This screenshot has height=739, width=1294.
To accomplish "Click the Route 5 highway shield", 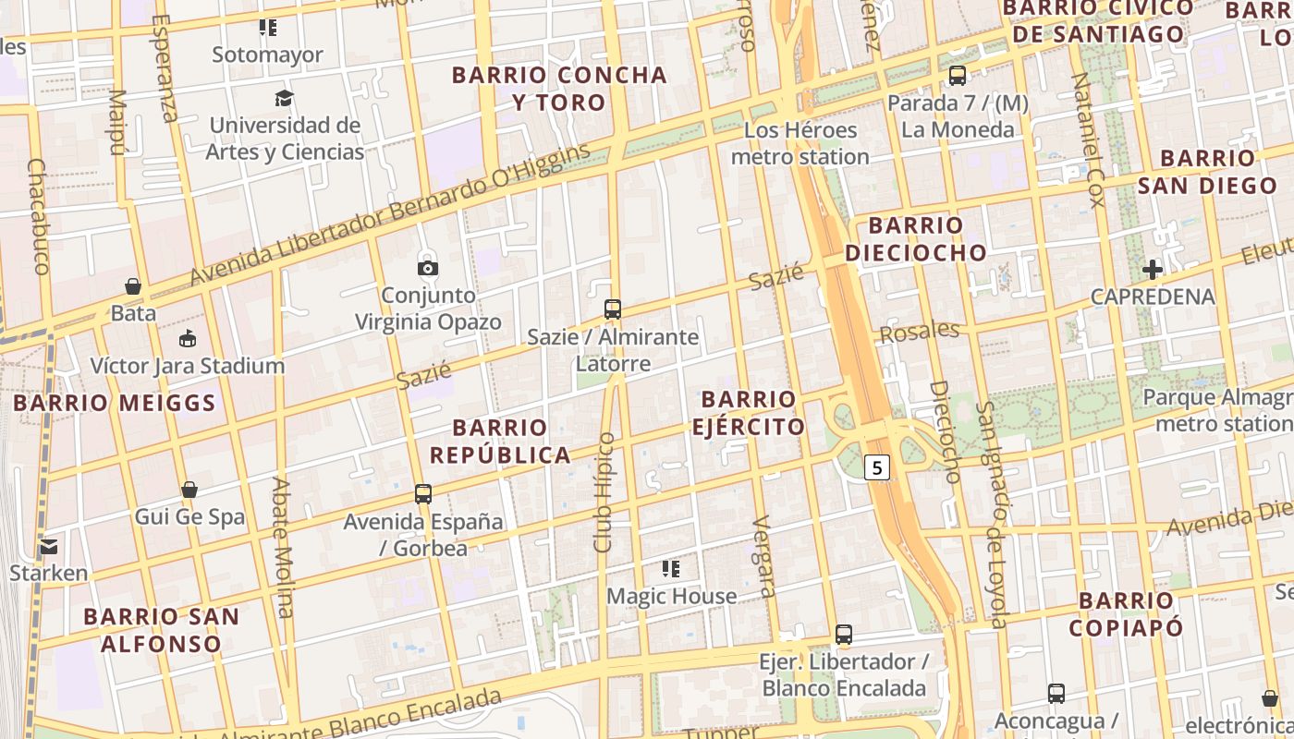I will click(877, 468).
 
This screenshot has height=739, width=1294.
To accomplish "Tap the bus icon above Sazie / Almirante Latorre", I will click(612, 309).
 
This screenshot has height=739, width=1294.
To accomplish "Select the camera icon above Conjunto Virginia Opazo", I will click(428, 268).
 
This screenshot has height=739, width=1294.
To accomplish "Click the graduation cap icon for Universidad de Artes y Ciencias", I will click(284, 98).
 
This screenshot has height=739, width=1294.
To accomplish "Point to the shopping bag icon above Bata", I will click(133, 286).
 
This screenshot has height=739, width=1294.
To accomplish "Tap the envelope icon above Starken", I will click(48, 546).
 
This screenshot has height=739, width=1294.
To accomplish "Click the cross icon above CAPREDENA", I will click(1152, 270).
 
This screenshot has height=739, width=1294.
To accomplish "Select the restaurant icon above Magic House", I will click(671, 569).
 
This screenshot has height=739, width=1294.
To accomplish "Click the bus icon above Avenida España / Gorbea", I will click(423, 494).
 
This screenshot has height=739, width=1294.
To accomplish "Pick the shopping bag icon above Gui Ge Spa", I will click(189, 490).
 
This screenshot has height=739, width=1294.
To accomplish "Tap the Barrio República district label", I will click(500, 442).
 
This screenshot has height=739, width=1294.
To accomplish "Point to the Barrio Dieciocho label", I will click(916, 238).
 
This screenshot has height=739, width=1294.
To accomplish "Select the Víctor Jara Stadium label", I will click(188, 366).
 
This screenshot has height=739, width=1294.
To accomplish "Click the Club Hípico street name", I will click(604, 492).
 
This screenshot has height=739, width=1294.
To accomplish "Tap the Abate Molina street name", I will click(284, 547).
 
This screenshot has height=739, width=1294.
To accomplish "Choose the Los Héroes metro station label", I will click(800, 143).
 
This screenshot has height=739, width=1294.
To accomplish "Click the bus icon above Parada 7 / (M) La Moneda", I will click(958, 76).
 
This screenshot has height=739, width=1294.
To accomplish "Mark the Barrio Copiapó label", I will click(1126, 614).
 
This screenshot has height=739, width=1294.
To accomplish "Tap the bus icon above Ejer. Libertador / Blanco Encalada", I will click(843, 635).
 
